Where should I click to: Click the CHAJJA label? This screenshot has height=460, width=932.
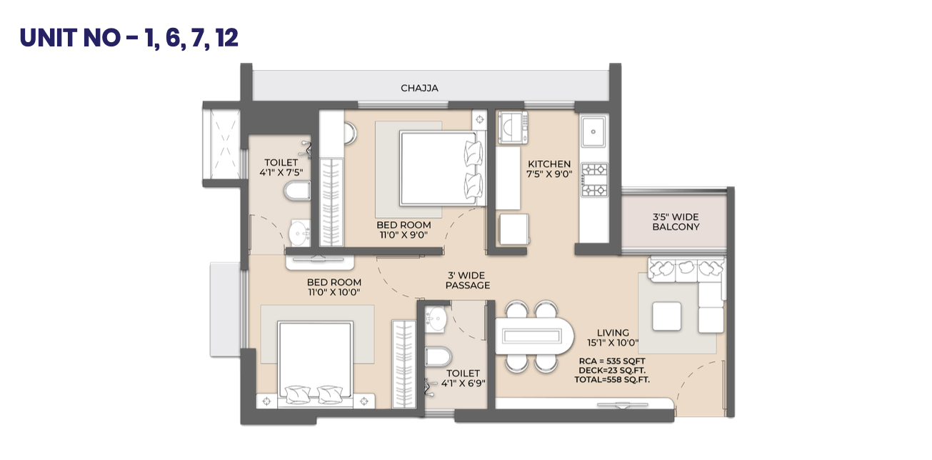click(x=419, y=89)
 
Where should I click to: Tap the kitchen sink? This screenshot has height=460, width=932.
click(x=593, y=131)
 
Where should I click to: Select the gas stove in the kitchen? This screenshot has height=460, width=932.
click(x=594, y=180)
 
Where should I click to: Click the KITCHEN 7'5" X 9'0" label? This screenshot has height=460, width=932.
click(x=549, y=169)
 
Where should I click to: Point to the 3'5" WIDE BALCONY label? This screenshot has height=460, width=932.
click(x=676, y=222)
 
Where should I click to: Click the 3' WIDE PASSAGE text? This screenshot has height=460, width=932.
click(x=467, y=280)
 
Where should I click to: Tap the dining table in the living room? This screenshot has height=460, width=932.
click(x=533, y=336)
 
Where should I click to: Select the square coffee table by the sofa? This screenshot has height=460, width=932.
click(x=666, y=316)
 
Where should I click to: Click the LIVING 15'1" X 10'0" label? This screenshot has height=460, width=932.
click(x=613, y=338)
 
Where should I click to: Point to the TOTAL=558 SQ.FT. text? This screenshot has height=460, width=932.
click(x=611, y=380)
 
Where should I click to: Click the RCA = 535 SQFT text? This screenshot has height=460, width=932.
click(x=611, y=361)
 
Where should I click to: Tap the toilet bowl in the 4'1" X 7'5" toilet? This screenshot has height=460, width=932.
click(x=297, y=191)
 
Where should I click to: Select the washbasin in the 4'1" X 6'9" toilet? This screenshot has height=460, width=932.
click(x=436, y=319)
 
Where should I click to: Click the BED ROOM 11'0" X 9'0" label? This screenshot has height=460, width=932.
click(x=404, y=230)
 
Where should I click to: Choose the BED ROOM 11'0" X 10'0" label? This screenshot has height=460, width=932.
click(x=334, y=287)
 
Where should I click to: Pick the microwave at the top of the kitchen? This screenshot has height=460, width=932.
click(x=513, y=127)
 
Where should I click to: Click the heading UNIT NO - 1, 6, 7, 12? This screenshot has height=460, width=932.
click(x=129, y=38)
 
